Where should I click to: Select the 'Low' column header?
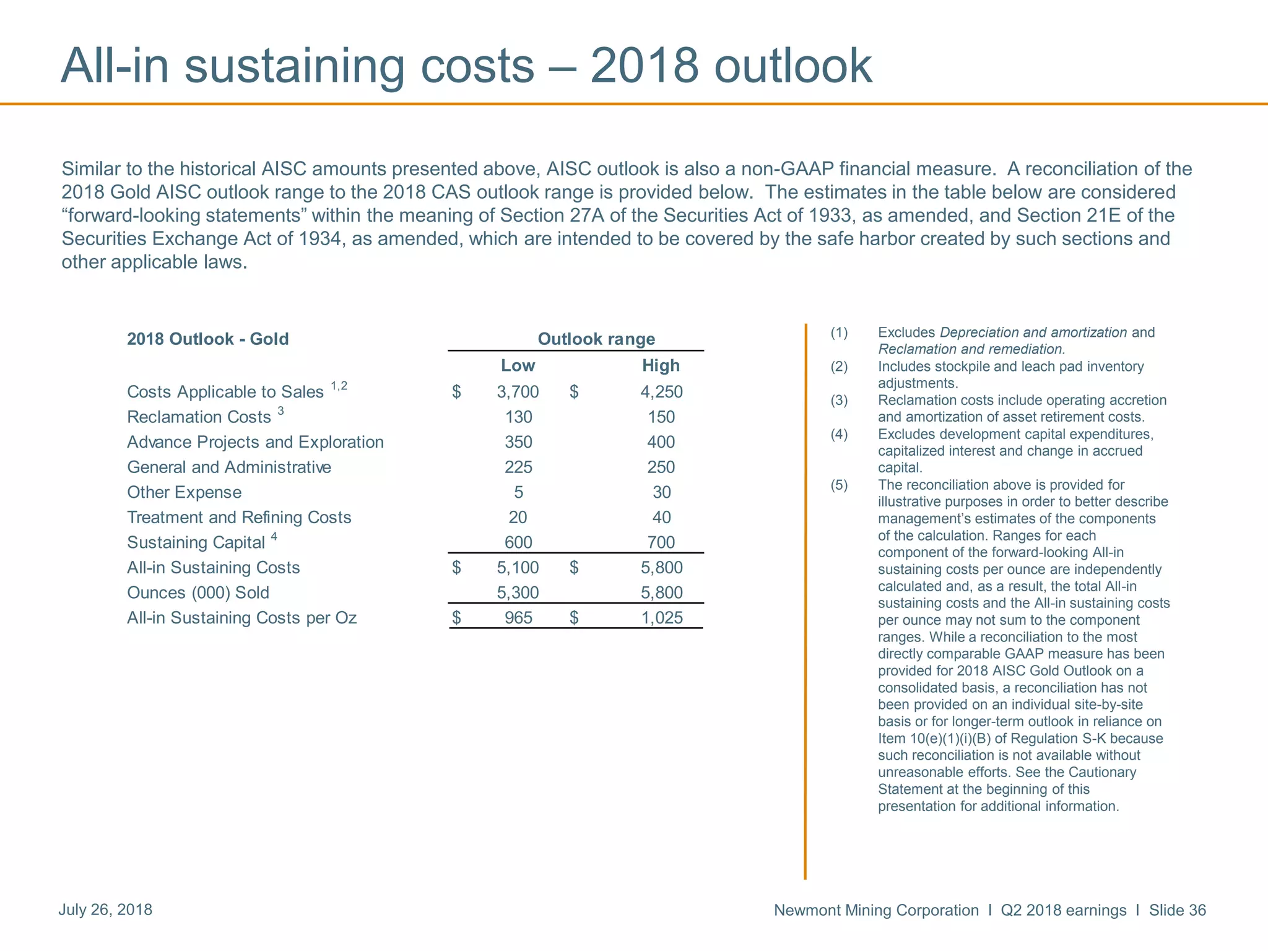[x=518, y=366]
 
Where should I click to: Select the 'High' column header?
[x=661, y=366]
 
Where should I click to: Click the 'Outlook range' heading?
[x=596, y=339]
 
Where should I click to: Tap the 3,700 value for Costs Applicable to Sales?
[x=518, y=392]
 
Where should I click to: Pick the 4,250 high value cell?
[x=661, y=392]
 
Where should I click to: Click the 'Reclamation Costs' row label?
[x=199, y=417]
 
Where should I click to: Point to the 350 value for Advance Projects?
[x=518, y=442]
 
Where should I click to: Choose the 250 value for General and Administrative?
[x=661, y=467]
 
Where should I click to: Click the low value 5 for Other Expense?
[x=519, y=492]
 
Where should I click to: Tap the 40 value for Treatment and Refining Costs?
[x=661, y=518]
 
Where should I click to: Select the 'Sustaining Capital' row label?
[x=196, y=543]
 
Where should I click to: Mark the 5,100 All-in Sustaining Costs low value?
[x=518, y=568]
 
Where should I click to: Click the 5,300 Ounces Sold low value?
[x=518, y=593]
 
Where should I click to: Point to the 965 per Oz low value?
[x=518, y=618]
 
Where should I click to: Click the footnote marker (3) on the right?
[x=839, y=401]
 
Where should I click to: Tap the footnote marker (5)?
[x=839, y=485]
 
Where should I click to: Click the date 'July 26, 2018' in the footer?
[x=105, y=910]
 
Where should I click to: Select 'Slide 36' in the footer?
[x=1177, y=910]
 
